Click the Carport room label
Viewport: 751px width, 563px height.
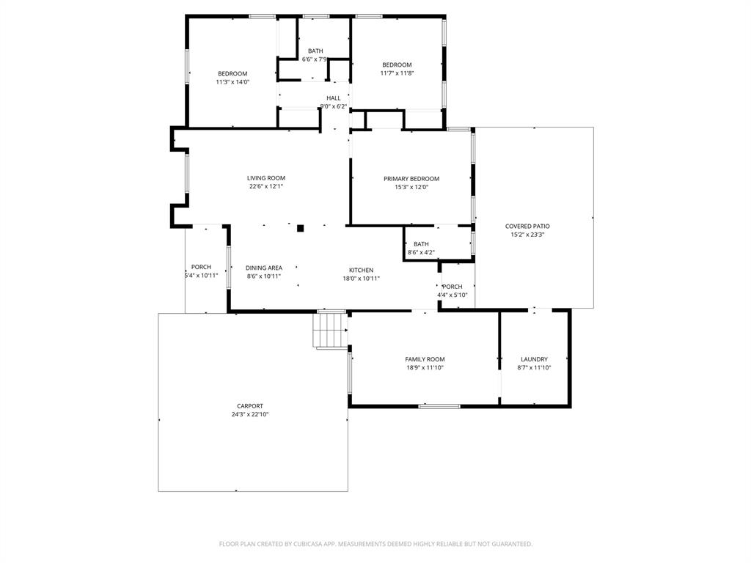click(x=249, y=406)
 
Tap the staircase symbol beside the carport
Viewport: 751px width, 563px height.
click(x=330, y=331)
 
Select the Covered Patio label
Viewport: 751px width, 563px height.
click(x=527, y=227)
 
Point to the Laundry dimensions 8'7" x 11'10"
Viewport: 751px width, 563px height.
click(x=534, y=368)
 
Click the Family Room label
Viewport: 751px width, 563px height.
click(x=425, y=359)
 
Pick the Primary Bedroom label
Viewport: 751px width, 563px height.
click(x=411, y=179)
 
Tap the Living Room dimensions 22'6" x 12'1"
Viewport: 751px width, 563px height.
click(x=265, y=186)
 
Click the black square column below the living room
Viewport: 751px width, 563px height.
click(x=300, y=228)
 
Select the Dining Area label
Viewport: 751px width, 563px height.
click(x=263, y=268)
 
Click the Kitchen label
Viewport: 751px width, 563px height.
click(x=361, y=270)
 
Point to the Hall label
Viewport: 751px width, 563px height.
click(x=333, y=97)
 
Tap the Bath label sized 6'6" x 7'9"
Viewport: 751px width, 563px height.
click(x=315, y=51)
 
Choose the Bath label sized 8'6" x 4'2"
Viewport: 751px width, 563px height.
click(x=421, y=244)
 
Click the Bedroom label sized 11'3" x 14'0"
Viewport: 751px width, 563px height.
click(x=232, y=73)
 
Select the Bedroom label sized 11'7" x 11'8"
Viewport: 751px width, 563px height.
click(x=397, y=65)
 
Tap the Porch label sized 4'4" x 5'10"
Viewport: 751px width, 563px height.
click(x=453, y=287)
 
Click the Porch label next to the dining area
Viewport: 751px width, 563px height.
click(x=201, y=267)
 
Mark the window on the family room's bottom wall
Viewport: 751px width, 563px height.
click(x=439, y=406)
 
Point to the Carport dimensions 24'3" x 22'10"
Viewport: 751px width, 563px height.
click(x=249, y=414)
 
